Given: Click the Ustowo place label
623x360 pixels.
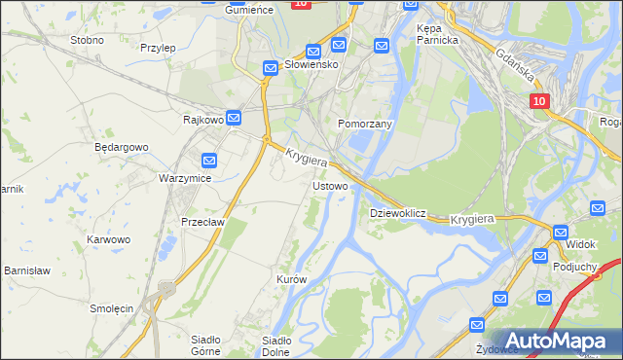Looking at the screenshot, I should point(330,185).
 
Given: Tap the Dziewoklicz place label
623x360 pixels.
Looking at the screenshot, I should point(398,212).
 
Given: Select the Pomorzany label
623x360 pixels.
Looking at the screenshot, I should point(364,125).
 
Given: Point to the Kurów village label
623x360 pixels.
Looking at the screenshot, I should point(292,279).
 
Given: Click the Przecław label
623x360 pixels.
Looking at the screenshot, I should point(203,221).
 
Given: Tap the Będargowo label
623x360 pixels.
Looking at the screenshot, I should point(121,147).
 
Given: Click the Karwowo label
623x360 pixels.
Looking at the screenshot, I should point(108,239).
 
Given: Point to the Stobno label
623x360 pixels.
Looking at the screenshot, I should point(88,41).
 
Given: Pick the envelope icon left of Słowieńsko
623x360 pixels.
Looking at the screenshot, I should point(271,68).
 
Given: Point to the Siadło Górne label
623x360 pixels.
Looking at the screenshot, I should point(206,345).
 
